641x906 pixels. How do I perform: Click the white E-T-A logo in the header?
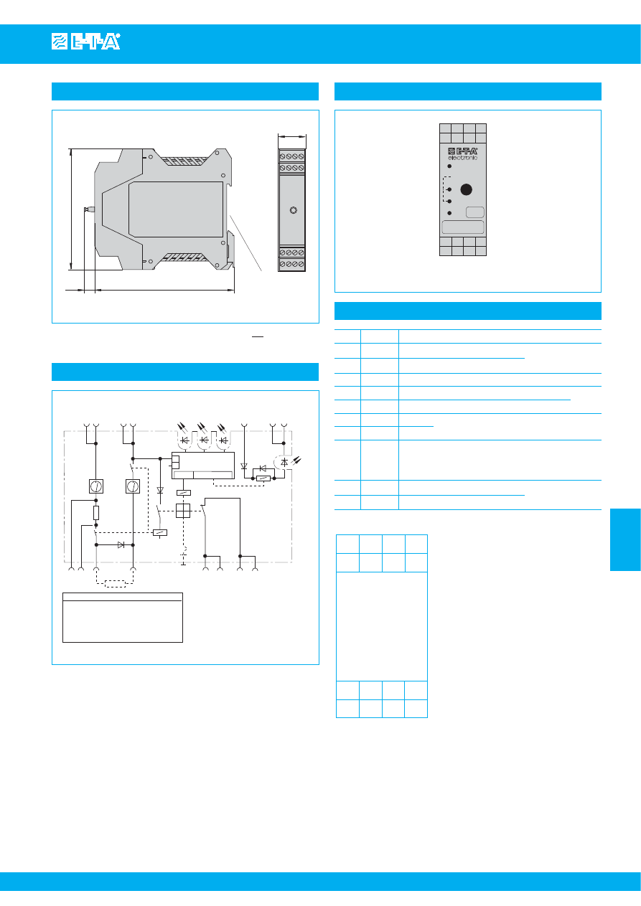click(86, 42)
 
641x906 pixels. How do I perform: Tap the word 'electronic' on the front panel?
click(462, 158)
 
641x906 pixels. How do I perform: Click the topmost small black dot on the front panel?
click(449, 166)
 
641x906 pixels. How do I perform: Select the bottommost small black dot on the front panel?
click(449, 213)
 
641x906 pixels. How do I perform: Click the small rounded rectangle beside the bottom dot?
click(475, 212)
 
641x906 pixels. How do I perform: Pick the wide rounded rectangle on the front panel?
click(462, 227)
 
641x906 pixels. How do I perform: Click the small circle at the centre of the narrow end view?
click(294, 210)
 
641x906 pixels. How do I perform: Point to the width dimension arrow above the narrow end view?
click(291, 137)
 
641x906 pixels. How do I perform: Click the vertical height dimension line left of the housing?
click(71, 209)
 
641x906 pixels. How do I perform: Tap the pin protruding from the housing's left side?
click(90, 209)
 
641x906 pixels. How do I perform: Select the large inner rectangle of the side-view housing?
click(176, 209)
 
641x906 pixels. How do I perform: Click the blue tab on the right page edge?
click(625, 539)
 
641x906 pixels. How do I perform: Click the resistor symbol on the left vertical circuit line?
click(96, 513)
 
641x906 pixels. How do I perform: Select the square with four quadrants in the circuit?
click(183, 511)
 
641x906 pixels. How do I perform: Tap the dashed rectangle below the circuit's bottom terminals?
click(115, 584)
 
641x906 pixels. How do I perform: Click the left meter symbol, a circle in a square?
click(96, 486)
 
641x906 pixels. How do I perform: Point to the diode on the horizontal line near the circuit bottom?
click(121, 544)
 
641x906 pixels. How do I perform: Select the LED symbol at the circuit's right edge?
click(288, 461)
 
